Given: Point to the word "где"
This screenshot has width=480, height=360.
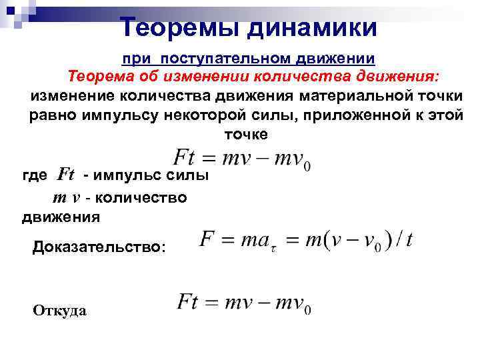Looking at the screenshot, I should coord(35,175).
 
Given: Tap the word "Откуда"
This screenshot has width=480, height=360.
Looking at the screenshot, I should coord(59,311).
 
